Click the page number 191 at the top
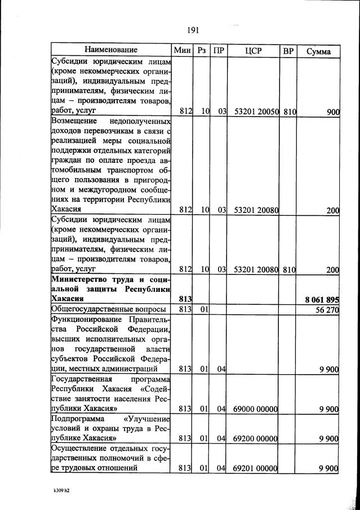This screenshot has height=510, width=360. [192, 30]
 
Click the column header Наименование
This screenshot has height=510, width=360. [112, 51]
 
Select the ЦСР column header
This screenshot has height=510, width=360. [254, 51]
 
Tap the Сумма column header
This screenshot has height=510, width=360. [318, 51]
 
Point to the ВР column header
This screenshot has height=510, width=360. [288, 51]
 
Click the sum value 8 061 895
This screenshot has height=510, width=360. [322, 299]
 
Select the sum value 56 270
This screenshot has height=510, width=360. [326, 309]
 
